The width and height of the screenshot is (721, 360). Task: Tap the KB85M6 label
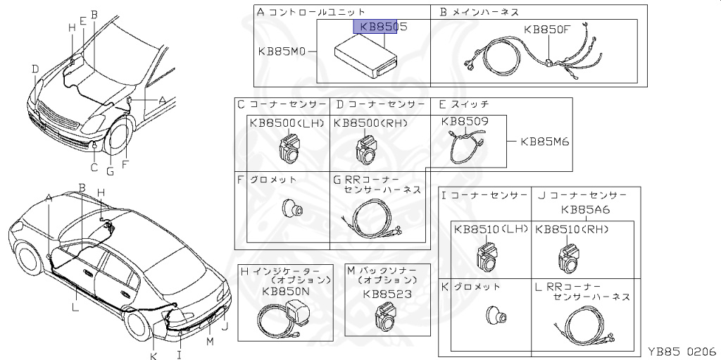pyautogui.click(x=545, y=141)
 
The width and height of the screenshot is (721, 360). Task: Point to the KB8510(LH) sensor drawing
pyautogui.click(x=487, y=256)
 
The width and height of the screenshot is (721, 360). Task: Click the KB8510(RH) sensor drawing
pyautogui.click(x=570, y=257)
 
